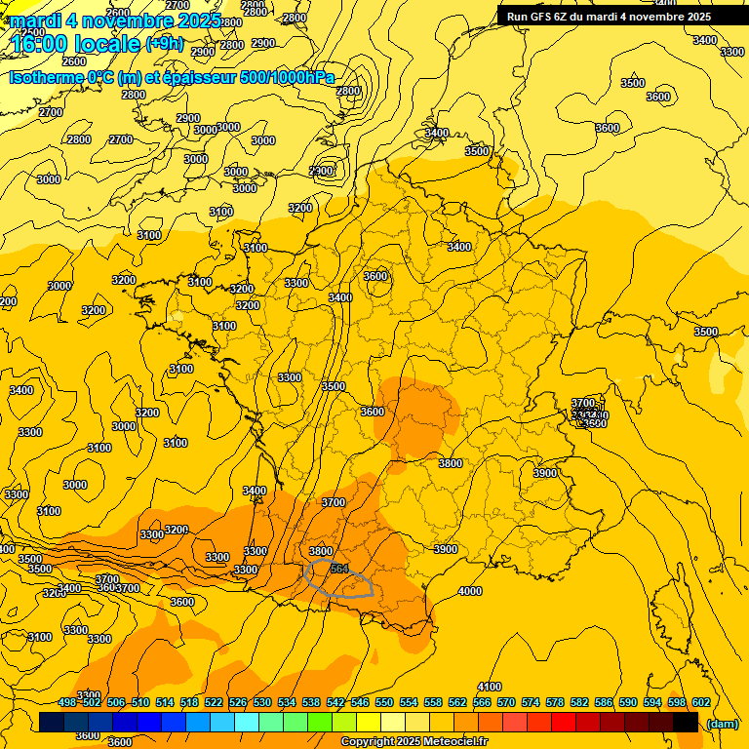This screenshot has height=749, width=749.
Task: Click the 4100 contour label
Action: (490, 687)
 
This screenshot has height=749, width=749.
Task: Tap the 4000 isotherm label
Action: (470, 591)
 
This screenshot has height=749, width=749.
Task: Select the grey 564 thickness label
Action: (339, 568)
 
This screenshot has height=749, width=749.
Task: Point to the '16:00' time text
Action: (43, 44)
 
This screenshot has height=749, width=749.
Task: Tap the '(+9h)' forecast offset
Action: (164, 43)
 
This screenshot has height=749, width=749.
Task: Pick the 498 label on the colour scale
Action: (67, 702)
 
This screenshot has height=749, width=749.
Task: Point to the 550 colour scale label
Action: (384, 702)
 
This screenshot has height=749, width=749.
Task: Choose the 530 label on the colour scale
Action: (262, 702)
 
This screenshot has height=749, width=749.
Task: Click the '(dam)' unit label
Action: (722, 723)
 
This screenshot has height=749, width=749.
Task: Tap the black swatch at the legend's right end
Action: (686, 723)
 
